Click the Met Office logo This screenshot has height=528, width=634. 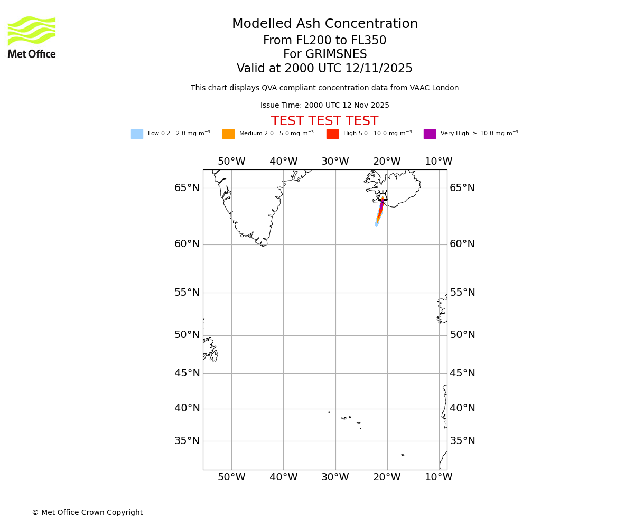pos(32,37)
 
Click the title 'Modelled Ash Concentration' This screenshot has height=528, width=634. pos(324,24)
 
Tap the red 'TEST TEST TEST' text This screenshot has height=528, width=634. pos(324,121)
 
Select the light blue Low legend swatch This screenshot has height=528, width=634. pos(137,134)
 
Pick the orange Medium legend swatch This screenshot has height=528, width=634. pos(228,134)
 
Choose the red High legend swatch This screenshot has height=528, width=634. pos(332,134)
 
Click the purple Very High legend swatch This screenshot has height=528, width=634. pos(430,134)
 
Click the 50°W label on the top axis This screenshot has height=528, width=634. pos(231,162)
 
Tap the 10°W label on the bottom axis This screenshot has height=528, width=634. pos(439,477)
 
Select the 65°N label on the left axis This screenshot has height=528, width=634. pos(187,188)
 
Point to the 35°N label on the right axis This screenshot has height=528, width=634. pos(462,441)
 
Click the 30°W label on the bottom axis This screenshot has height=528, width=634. pos(335,477)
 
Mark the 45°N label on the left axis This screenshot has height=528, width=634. pos(187,373)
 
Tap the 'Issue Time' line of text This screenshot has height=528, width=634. pos(324,106)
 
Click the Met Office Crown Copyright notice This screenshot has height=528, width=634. pos(87,513)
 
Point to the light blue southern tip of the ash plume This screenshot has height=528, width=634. pos(376,224)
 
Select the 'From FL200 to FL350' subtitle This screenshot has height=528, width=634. pos(324,41)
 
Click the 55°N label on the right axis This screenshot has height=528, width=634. pos(462,293)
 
